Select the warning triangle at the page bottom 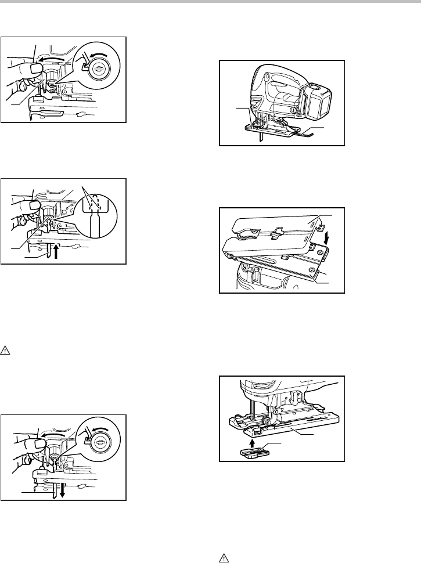222,555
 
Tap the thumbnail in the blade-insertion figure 28,207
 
